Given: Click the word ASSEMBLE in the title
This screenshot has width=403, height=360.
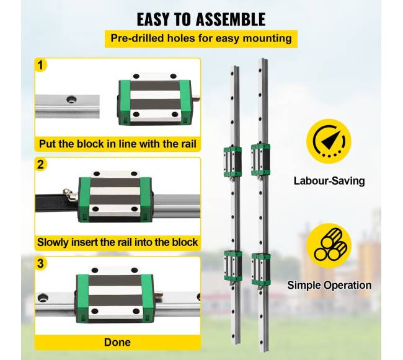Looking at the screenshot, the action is [230, 19].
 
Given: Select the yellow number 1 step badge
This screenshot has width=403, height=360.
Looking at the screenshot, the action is [40, 65].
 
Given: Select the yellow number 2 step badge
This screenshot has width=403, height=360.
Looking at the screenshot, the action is [40, 164].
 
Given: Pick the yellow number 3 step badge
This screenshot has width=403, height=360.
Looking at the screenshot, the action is [40, 263].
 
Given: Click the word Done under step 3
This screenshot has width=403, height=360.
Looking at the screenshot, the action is [117, 342].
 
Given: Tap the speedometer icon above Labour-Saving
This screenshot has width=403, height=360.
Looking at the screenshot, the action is [329, 141].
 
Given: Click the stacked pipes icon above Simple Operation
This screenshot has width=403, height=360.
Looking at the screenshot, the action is [329, 245].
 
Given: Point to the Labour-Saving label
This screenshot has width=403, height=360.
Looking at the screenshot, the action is [329, 181].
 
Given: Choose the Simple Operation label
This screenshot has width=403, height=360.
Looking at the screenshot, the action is [329, 285].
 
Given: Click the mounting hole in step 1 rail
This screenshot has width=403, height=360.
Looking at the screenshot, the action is [71, 99].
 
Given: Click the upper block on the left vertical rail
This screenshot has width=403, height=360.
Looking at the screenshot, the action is [232, 162].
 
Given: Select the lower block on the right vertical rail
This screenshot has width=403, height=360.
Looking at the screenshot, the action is [261, 269].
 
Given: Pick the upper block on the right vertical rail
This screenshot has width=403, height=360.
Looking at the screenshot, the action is [260, 160].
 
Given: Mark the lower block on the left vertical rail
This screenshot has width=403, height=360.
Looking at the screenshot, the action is [233, 265].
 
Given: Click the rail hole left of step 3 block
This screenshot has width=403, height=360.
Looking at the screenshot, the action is [43, 298].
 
